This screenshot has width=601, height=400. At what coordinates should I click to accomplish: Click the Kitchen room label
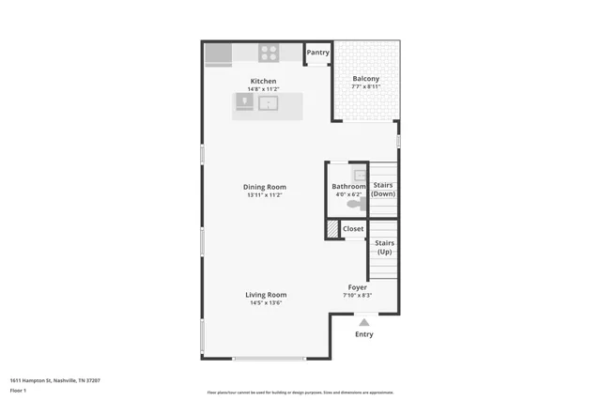264,81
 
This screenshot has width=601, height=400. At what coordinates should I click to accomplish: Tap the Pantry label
317,53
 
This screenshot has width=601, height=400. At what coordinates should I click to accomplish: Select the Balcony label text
365,78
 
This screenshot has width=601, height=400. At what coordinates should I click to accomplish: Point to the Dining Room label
264,187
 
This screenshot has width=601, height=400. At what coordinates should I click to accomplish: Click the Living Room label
266,295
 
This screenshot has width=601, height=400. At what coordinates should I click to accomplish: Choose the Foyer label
357,287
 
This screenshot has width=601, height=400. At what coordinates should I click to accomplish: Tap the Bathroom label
348,186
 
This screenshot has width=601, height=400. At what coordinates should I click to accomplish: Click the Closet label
353,228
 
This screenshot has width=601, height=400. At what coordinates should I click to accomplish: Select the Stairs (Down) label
383,189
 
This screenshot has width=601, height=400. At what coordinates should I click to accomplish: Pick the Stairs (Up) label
384,247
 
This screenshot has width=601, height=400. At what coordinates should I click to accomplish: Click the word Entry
363,334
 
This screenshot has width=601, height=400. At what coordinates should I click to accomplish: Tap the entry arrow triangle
363,322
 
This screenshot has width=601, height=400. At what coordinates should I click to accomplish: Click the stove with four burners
270,54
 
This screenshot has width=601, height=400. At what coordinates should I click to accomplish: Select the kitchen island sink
269,103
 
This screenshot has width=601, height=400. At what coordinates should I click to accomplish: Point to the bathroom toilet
356,203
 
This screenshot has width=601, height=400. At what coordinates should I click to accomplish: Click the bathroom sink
360,175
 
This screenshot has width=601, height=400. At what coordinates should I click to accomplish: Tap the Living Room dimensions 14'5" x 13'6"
266,303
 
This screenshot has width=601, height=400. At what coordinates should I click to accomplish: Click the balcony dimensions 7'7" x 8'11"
365,86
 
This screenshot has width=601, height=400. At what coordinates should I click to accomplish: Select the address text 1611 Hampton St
54,380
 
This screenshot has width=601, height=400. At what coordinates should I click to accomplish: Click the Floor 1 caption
18,390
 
